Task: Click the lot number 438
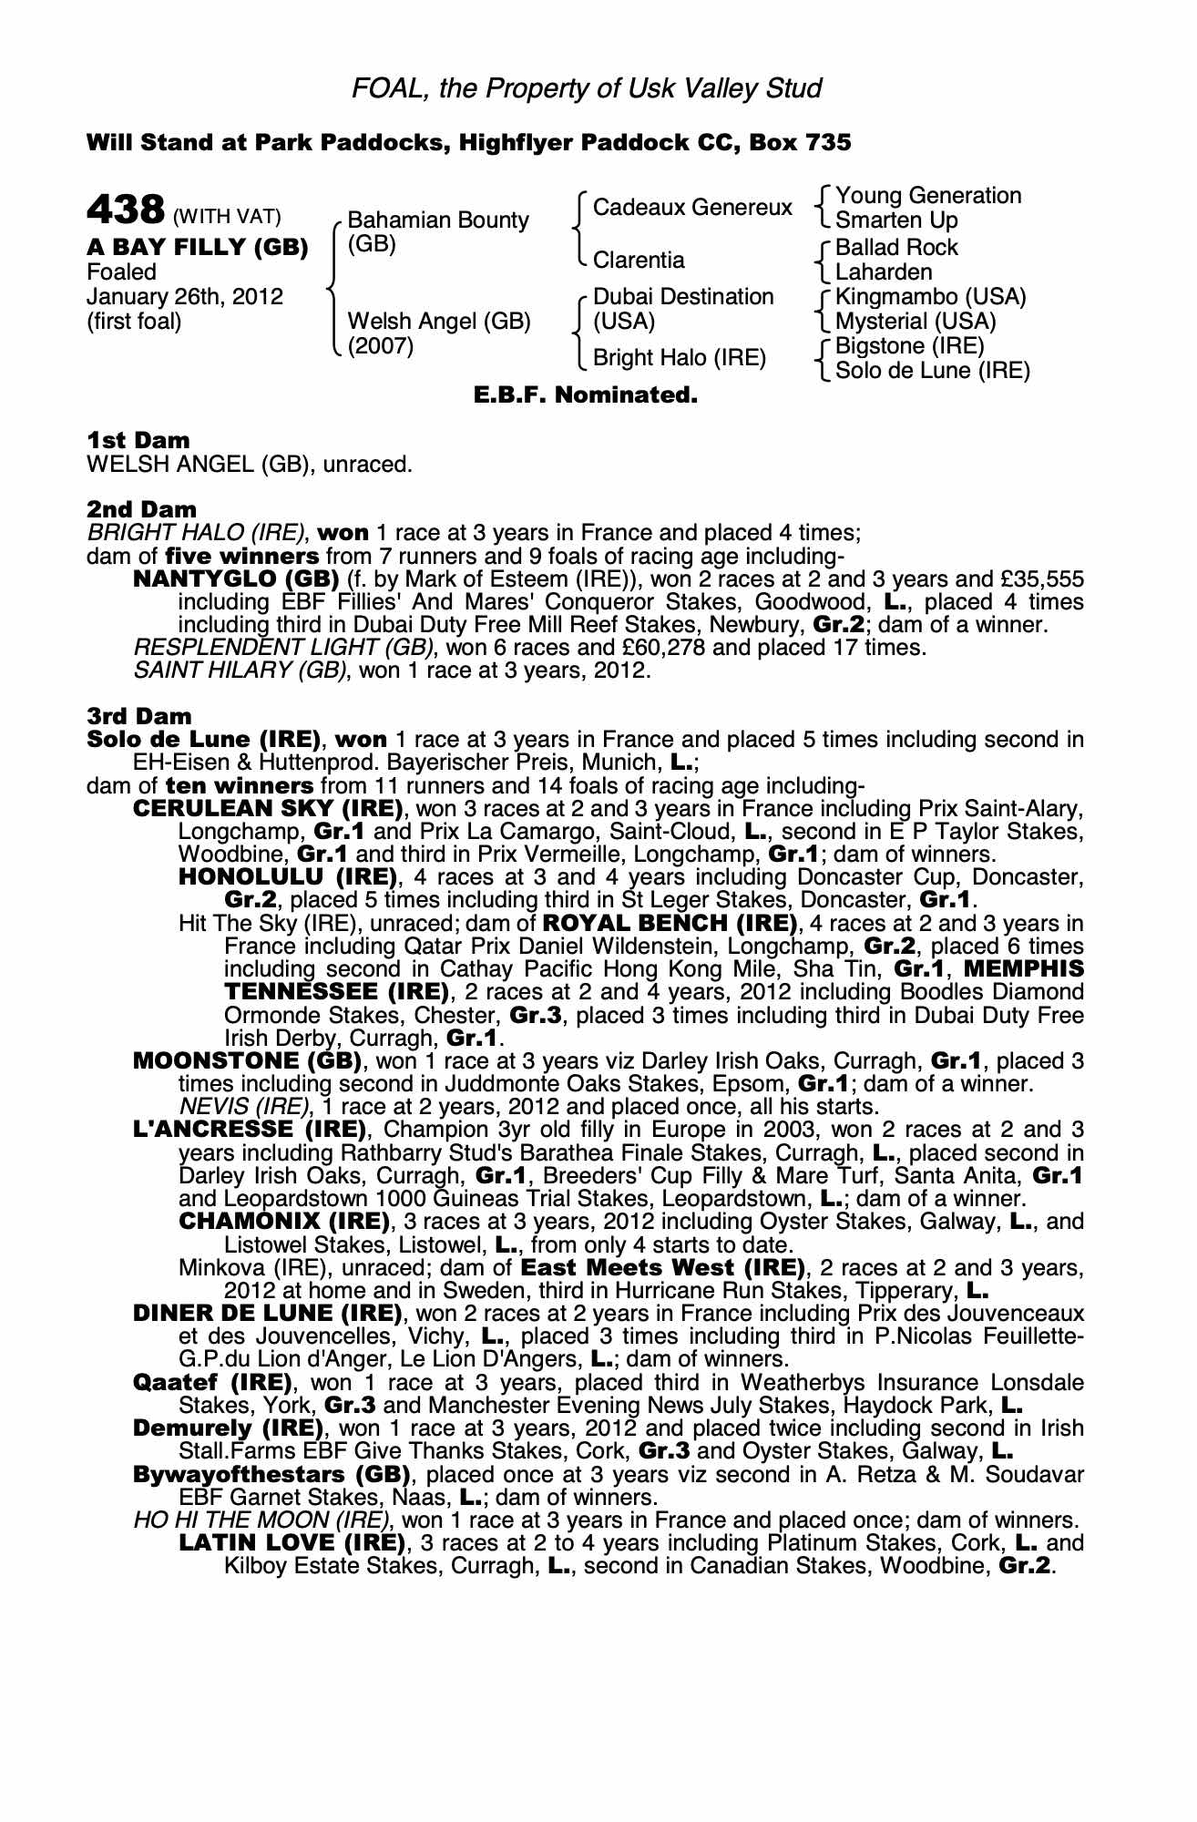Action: pos(125,210)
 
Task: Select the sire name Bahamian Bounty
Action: pos(438,220)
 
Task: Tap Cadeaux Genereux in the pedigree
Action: pos(692,208)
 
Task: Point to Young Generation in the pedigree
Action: pos(928,196)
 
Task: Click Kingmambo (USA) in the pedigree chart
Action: pos(930,297)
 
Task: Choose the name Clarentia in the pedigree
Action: pos(639,261)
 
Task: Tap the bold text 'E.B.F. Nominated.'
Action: pos(586,396)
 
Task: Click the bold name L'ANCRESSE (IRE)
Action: pos(250,1130)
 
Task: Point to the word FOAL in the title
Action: pos(381,88)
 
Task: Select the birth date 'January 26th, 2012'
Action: pos(185,297)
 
